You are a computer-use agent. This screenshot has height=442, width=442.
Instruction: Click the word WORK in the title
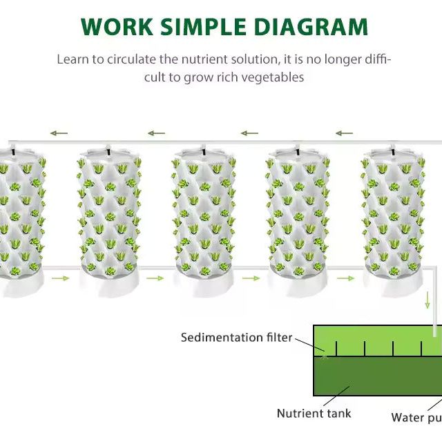[x=117, y=27]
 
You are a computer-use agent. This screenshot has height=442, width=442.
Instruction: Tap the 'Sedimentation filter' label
[x=236, y=338]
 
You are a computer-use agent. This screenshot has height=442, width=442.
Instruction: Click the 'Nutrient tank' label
[x=314, y=414]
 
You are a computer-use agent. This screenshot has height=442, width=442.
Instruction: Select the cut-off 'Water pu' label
[x=416, y=417]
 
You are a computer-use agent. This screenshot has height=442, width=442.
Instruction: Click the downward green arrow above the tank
[x=427, y=300]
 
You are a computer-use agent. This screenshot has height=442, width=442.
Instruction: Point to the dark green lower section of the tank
[x=378, y=376]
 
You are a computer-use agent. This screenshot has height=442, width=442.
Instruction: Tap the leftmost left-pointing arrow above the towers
[x=59, y=133]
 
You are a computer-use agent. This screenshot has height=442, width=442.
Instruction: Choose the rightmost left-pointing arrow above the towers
[x=344, y=133]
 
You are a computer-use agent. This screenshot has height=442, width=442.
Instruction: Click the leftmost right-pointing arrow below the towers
[x=61, y=278]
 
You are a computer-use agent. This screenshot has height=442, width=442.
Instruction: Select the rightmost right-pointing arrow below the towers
[x=345, y=278]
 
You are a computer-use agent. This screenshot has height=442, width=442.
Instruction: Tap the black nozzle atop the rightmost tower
[x=393, y=152]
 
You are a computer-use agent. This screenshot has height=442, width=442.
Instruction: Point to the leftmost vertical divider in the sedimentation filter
[x=336, y=349]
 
